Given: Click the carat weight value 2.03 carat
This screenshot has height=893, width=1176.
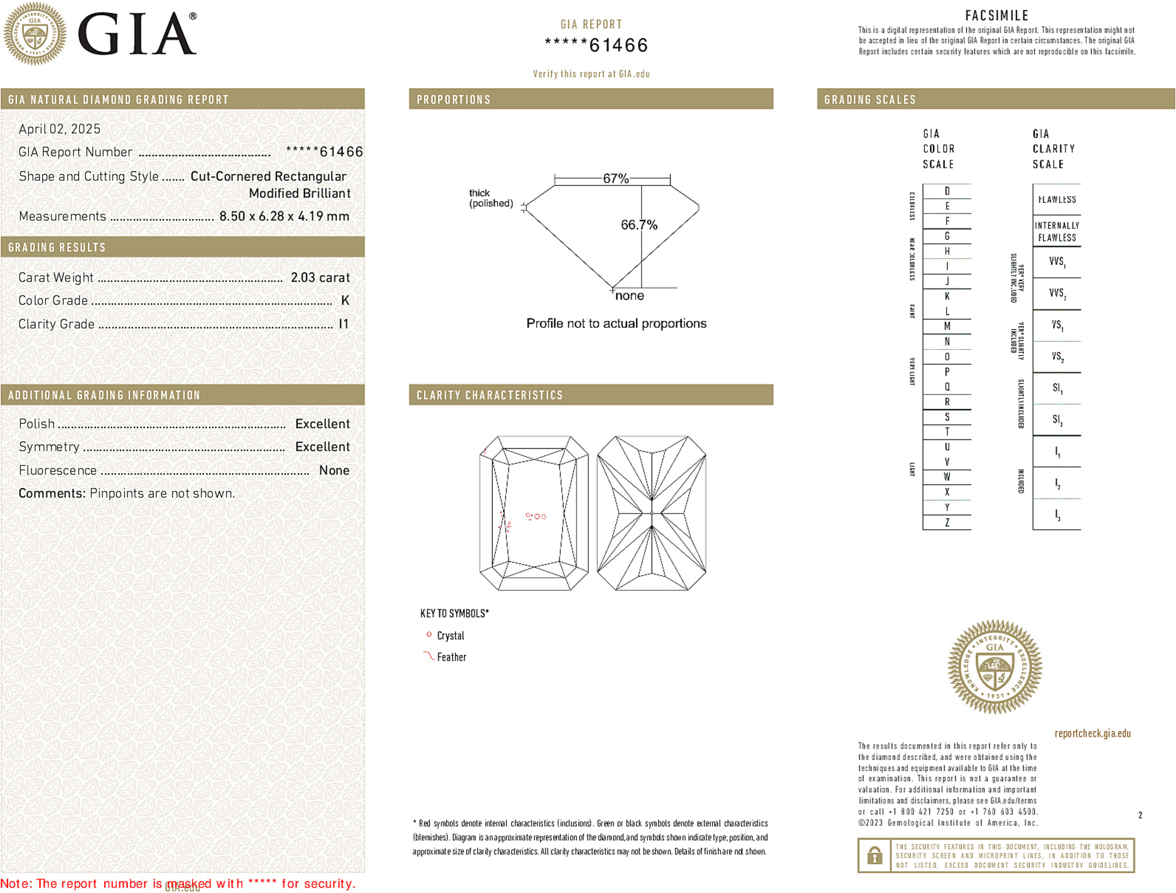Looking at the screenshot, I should point(320,278).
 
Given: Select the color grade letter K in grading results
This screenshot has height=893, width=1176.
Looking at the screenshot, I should point(345,301).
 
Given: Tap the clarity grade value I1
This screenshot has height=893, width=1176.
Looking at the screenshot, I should point(343,324).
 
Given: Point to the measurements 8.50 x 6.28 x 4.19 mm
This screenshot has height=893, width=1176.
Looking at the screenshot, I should point(284,217).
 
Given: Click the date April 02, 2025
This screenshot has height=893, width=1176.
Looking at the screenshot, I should point(60,129).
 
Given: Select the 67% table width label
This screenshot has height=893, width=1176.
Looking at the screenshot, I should point(615,178).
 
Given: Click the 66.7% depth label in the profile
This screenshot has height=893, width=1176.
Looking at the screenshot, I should point(639,225).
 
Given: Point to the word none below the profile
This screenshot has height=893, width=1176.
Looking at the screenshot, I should point(629,296).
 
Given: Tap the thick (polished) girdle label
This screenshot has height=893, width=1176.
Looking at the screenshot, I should point(490,198).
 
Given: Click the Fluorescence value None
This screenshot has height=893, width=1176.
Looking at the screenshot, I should point(334,470).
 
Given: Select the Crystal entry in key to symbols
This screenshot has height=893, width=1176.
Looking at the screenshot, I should point(450,636).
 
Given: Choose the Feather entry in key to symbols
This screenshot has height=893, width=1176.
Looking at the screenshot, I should point(451,657).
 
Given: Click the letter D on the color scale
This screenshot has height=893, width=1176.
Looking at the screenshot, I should point(947,191).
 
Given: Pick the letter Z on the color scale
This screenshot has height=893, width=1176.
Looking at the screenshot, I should point(947,522).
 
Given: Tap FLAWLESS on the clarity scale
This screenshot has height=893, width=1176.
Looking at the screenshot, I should point(1057,200).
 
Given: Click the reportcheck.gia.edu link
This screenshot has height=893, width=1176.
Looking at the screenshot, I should point(1092,733).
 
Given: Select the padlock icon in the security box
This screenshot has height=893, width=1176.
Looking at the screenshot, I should point(874,855).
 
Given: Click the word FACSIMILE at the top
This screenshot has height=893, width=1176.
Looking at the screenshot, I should point(996,16).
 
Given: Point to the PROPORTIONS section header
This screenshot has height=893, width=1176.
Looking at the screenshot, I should point(453,100).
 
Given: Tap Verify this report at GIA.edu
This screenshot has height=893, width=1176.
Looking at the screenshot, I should point(591,74).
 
